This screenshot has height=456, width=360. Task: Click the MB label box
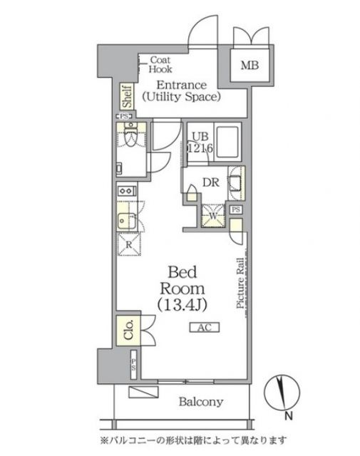(x=250, y=67)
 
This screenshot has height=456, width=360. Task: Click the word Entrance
(x=181, y=83)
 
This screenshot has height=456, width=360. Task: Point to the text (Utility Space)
(x=180, y=95)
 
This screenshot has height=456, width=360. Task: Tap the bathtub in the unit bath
(x=228, y=142)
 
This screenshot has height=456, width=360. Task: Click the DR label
(x=210, y=182)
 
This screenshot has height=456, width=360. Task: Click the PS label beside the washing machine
(x=236, y=209)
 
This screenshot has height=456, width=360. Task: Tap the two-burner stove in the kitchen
(x=125, y=190)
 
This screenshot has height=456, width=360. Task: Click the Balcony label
(x=200, y=402)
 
